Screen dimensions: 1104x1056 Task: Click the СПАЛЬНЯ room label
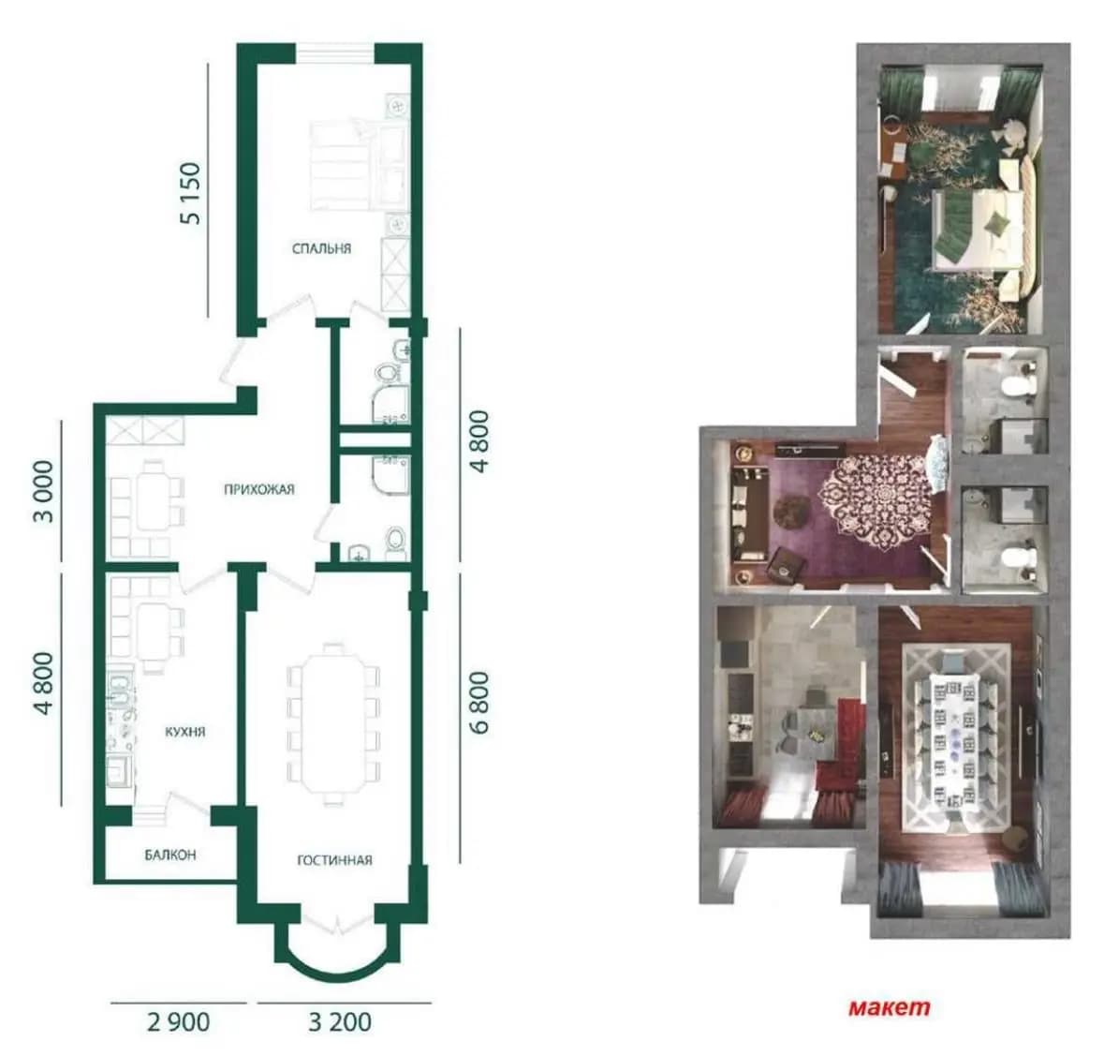321,248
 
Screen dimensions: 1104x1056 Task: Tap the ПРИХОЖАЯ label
259,490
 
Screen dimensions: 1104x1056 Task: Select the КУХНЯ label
185,732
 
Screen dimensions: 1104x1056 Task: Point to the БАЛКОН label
170,855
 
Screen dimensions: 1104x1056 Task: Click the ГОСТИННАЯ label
334,860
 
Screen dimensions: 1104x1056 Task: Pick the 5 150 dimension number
191,194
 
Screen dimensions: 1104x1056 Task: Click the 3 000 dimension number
44,491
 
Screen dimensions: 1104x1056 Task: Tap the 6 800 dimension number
478,703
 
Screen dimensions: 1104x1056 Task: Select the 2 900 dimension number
178,1022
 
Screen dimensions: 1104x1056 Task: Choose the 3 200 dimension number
340,1022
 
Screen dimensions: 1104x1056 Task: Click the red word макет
890,1007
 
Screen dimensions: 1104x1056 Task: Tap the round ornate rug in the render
875,496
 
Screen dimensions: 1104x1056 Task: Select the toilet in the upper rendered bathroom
1018,384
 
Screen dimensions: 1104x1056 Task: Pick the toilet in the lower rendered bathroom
1018,558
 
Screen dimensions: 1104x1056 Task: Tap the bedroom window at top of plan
334,53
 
